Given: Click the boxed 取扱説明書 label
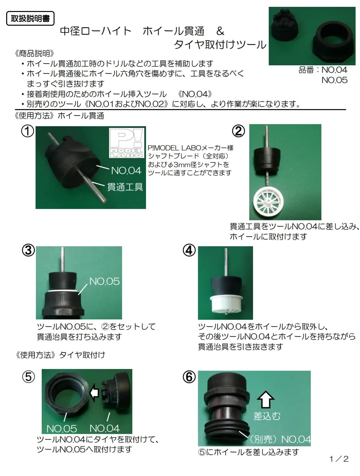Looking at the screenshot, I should [30, 18].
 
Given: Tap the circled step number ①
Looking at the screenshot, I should [28, 131].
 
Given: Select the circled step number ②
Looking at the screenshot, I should [239, 131].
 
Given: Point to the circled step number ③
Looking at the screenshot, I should [28, 250].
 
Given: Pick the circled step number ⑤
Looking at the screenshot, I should [28, 377].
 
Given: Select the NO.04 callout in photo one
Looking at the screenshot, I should [126, 170].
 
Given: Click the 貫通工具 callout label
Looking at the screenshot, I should [125, 187].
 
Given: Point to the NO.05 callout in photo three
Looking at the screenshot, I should [104, 281].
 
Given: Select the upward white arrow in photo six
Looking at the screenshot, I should [265, 399].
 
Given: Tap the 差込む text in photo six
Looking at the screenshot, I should [267, 416].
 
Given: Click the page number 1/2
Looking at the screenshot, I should [339, 459].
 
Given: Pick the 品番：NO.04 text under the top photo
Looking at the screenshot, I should [323, 70].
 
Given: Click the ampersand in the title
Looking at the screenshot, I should [220, 31].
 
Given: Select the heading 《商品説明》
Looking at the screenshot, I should [35, 54].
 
